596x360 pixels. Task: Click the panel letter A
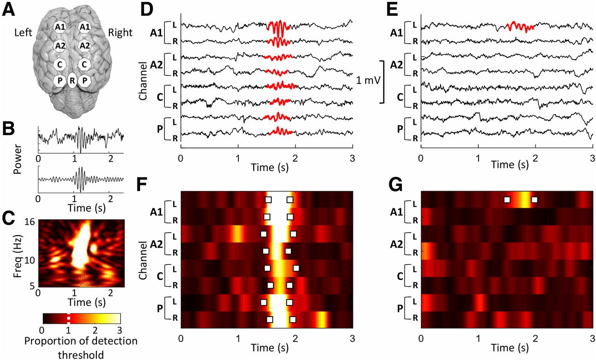point(7,10)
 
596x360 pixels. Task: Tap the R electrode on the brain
point(72,81)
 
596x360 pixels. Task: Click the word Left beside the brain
point(23,33)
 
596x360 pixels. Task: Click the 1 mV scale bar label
point(367,81)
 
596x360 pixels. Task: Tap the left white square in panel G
point(507,200)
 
